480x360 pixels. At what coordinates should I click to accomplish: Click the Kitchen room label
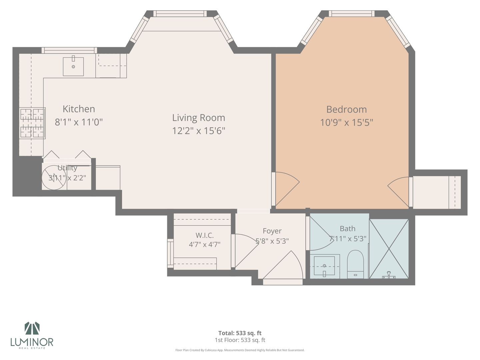(79, 109)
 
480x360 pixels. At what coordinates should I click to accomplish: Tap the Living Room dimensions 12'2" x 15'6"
(199, 131)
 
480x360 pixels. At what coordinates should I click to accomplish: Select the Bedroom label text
(346, 109)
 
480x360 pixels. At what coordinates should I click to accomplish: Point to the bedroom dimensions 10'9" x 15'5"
(346, 122)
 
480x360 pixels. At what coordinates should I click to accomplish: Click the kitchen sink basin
(73, 66)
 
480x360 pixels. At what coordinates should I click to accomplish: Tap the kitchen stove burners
(32, 123)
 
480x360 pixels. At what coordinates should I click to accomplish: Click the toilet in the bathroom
(355, 264)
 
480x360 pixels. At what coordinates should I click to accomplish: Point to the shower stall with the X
(389, 249)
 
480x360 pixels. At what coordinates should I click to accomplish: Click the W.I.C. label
(204, 235)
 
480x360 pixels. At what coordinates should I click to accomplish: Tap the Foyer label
(272, 231)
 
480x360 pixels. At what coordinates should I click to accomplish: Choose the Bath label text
(347, 229)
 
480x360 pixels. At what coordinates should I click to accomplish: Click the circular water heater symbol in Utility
(54, 177)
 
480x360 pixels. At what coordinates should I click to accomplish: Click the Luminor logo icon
(32, 328)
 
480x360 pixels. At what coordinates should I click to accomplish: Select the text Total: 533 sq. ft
(240, 333)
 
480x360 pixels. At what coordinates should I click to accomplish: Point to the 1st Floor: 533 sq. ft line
(240, 340)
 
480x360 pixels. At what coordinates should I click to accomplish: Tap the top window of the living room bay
(180, 14)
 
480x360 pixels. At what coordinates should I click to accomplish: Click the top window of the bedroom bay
(352, 14)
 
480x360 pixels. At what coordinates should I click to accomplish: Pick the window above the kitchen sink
(69, 50)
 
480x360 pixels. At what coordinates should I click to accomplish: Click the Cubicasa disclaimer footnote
(240, 350)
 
